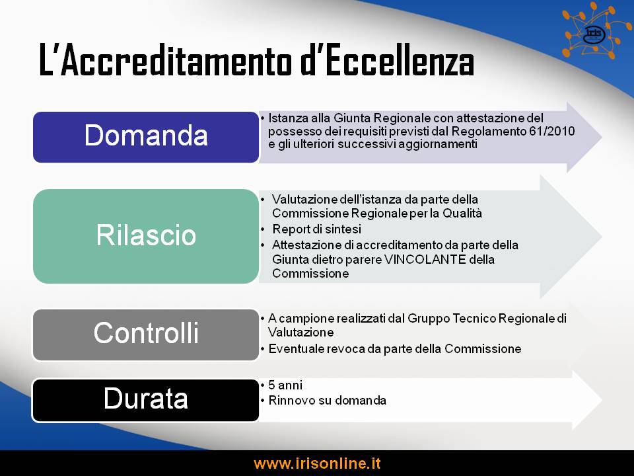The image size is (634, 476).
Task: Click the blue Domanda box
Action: (x=146, y=138)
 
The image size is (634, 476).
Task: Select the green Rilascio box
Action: (x=146, y=236)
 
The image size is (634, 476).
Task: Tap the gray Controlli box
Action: (x=146, y=335)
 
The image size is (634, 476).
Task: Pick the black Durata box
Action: (x=146, y=401)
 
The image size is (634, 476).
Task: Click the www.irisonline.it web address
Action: (x=317, y=463)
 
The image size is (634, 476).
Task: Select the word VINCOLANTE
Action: (x=425, y=259)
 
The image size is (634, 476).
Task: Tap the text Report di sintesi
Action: (x=316, y=229)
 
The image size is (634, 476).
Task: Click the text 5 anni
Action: (x=285, y=385)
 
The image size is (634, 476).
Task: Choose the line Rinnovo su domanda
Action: (x=328, y=401)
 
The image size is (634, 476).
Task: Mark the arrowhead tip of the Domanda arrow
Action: (x=602, y=138)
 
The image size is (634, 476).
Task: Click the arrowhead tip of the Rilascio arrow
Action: (x=602, y=237)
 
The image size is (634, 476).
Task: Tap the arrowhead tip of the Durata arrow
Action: (x=602, y=400)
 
